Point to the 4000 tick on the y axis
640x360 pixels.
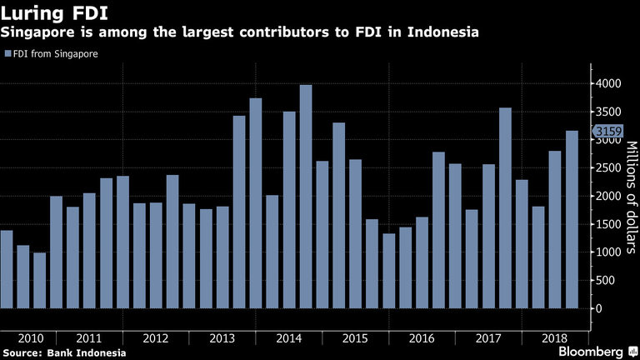(x=604, y=84)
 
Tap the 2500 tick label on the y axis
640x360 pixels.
(x=604, y=168)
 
